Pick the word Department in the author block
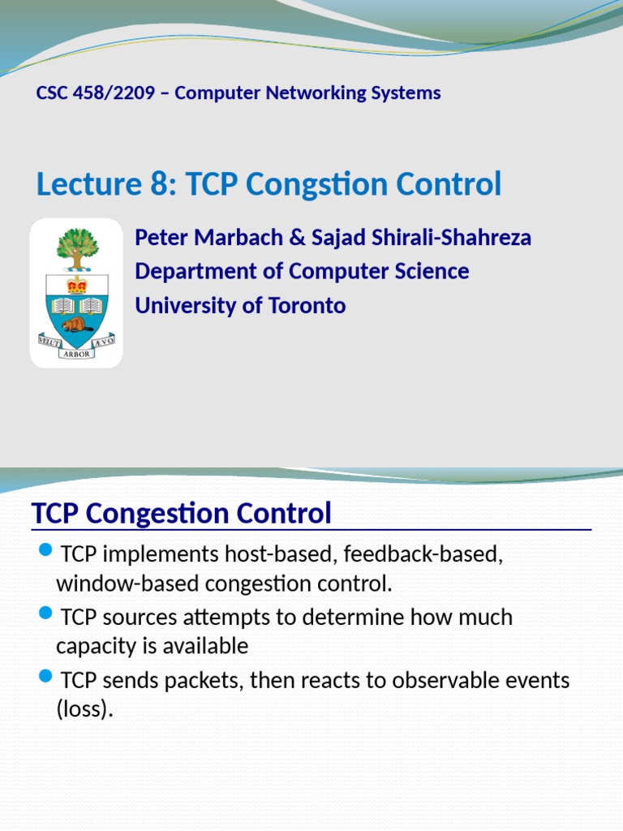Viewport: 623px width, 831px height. pyautogui.click(x=191, y=271)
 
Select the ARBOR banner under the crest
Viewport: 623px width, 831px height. pyautogui.click(x=77, y=354)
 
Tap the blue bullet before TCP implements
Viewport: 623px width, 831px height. pyautogui.click(x=46, y=553)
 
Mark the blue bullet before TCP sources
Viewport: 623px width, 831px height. pyautogui.click(x=46, y=614)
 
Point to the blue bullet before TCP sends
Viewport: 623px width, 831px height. pyautogui.click(x=46, y=677)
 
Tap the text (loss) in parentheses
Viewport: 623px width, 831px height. pyautogui.click(x=84, y=709)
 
